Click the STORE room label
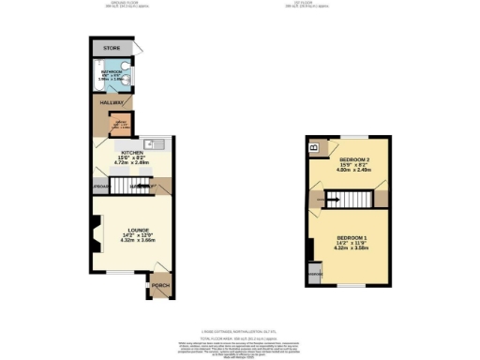coord(112,48)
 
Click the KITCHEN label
coord(130,150)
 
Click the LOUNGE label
coord(132,229)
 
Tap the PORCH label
coord(160,285)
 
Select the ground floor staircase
coord(141,187)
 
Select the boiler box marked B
coord(315,147)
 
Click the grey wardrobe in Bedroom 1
coord(313,274)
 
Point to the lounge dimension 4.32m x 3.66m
coord(132,241)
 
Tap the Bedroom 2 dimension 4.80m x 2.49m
coord(354,171)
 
